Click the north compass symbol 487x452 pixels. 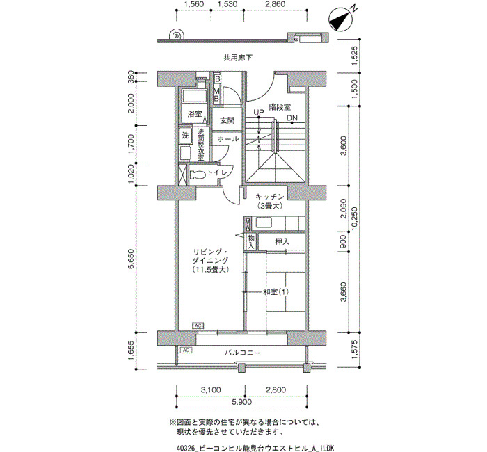(x=342, y=19)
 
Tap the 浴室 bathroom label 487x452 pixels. (x=195, y=114)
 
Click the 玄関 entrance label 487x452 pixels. (x=227, y=120)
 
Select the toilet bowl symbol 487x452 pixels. (x=198, y=175)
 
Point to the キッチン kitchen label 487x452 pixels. (x=270, y=197)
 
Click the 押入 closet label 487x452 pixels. (x=282, y=241)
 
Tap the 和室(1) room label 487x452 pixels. (x=276, y=292)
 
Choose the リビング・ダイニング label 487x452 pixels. (x=211, y=256)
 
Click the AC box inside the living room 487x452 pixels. (x=198, y=325)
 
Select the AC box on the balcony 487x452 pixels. (x=186, y=350)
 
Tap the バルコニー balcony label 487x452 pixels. (x=243, y=353)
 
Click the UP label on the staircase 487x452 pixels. (x=258, y=112)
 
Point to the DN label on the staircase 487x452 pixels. (x=292, y=118)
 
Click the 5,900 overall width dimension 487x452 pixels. (x=241, y=402)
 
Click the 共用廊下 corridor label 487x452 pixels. (x=238, y=58)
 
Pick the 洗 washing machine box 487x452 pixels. (x=186, y=136)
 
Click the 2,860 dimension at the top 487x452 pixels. (x=273, y=4)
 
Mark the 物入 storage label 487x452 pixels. (x=251, y=242)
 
